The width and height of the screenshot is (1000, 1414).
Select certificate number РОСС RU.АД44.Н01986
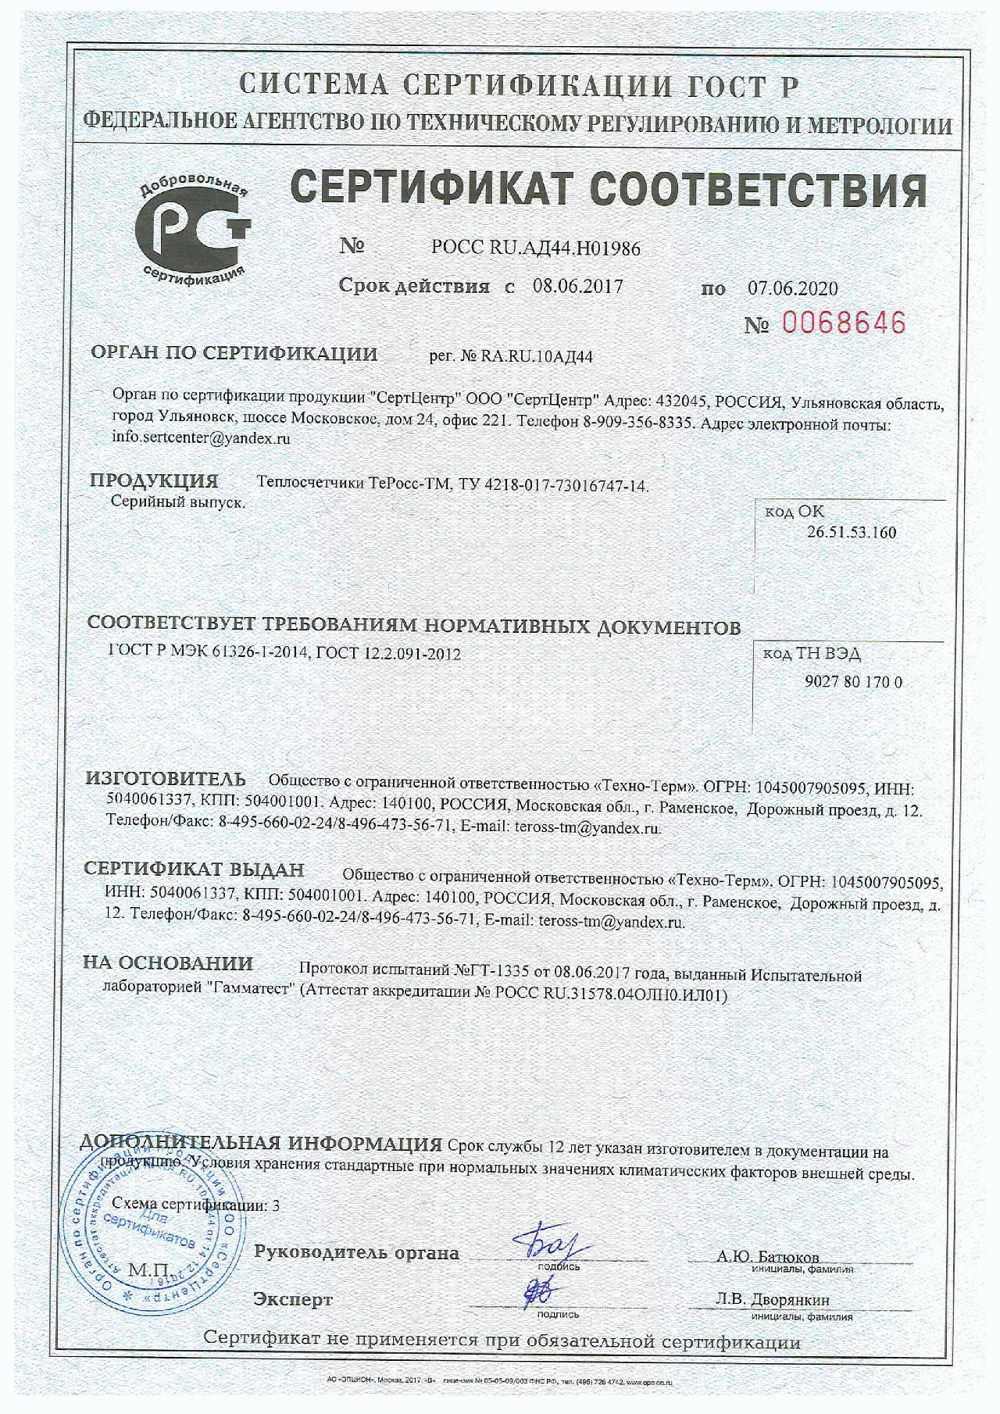point(535,248)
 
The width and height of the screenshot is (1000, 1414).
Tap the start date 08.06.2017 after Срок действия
point(577,286)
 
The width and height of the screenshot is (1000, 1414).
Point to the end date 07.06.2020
point(792,288)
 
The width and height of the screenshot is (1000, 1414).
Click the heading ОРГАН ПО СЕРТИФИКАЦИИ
point(234,353)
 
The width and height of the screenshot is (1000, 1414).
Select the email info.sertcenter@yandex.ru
point(201,437)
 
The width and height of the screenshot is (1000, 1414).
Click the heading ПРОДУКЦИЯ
point(154,480)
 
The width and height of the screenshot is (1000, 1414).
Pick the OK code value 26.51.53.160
point(851,533)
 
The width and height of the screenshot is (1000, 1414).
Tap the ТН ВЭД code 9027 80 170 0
point(853,682)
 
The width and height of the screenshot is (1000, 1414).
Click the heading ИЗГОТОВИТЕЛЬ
point(166,779)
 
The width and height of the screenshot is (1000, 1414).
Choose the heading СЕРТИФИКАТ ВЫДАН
point(194,869)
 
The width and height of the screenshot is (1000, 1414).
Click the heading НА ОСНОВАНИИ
point(168,963)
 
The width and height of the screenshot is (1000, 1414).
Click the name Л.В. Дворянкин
point(772,1300)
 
